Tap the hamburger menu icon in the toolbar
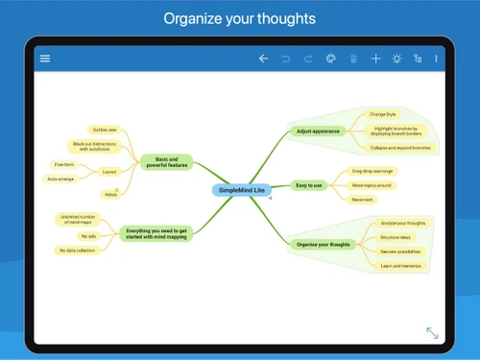click(45, 59)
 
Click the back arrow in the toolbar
click(263, 59)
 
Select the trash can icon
click(353, 59)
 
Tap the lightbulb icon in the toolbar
click(396, 59)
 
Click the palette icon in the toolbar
click(330, 59)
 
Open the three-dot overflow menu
click(437, 59)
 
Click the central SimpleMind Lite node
click(239, 190)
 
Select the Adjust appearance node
click(318, 131)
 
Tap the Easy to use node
click(308, 184)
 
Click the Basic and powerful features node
click(165, 162)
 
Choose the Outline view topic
click(104, 129)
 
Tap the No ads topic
click(89, 235)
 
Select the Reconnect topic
click(362, 200)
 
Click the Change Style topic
click(383, 114)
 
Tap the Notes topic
click(111, 194)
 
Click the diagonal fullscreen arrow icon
click(433, 332)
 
